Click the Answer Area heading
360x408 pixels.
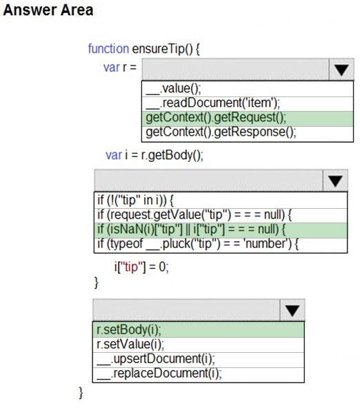coord(48,10)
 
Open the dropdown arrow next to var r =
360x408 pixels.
coord(341,70)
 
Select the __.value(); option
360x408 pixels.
coord(173,89)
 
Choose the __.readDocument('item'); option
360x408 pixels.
coord(213,103)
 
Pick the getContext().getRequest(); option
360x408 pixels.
coord(216,118)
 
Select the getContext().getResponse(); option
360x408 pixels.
coord(221,132)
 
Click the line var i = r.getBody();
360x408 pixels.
coord(154,155)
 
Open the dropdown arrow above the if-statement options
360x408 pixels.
coord(335,181)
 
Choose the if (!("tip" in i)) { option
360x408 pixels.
coord(135,200)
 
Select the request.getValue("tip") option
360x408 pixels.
coord(194,215)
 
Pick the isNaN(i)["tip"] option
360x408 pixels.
coord(191,229)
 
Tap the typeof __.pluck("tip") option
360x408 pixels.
coord(198,244)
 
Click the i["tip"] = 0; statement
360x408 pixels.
coord(141,267)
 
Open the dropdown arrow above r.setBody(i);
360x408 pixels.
coord(292,310)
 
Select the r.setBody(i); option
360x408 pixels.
coord(129,330)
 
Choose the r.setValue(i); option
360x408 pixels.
coord(130,345)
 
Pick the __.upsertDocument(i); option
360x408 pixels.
coord(156,359)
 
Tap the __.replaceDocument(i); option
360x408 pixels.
coord(159,374)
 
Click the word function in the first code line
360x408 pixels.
coord(108,49)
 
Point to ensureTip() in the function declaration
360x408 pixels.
coord(163,49)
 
